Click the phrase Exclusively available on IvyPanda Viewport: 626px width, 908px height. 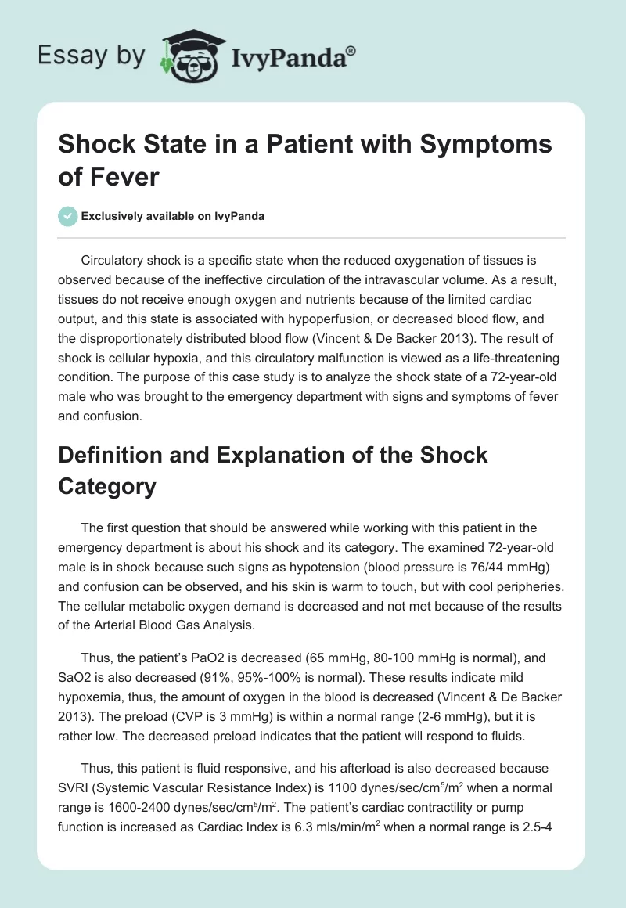coord(171,217)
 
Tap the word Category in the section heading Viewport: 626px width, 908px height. coord(107,486)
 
